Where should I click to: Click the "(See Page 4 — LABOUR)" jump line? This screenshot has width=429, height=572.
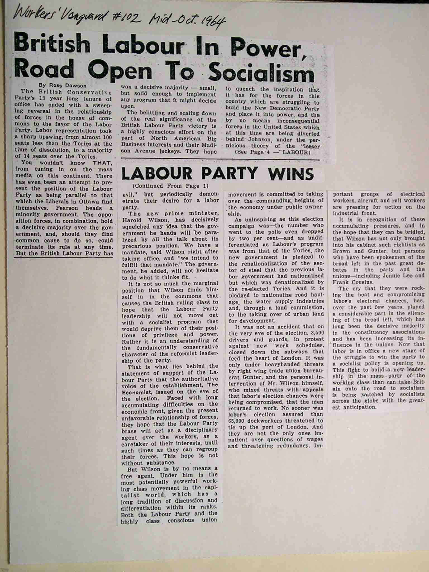272,152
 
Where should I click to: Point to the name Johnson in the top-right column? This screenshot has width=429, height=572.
259,139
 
